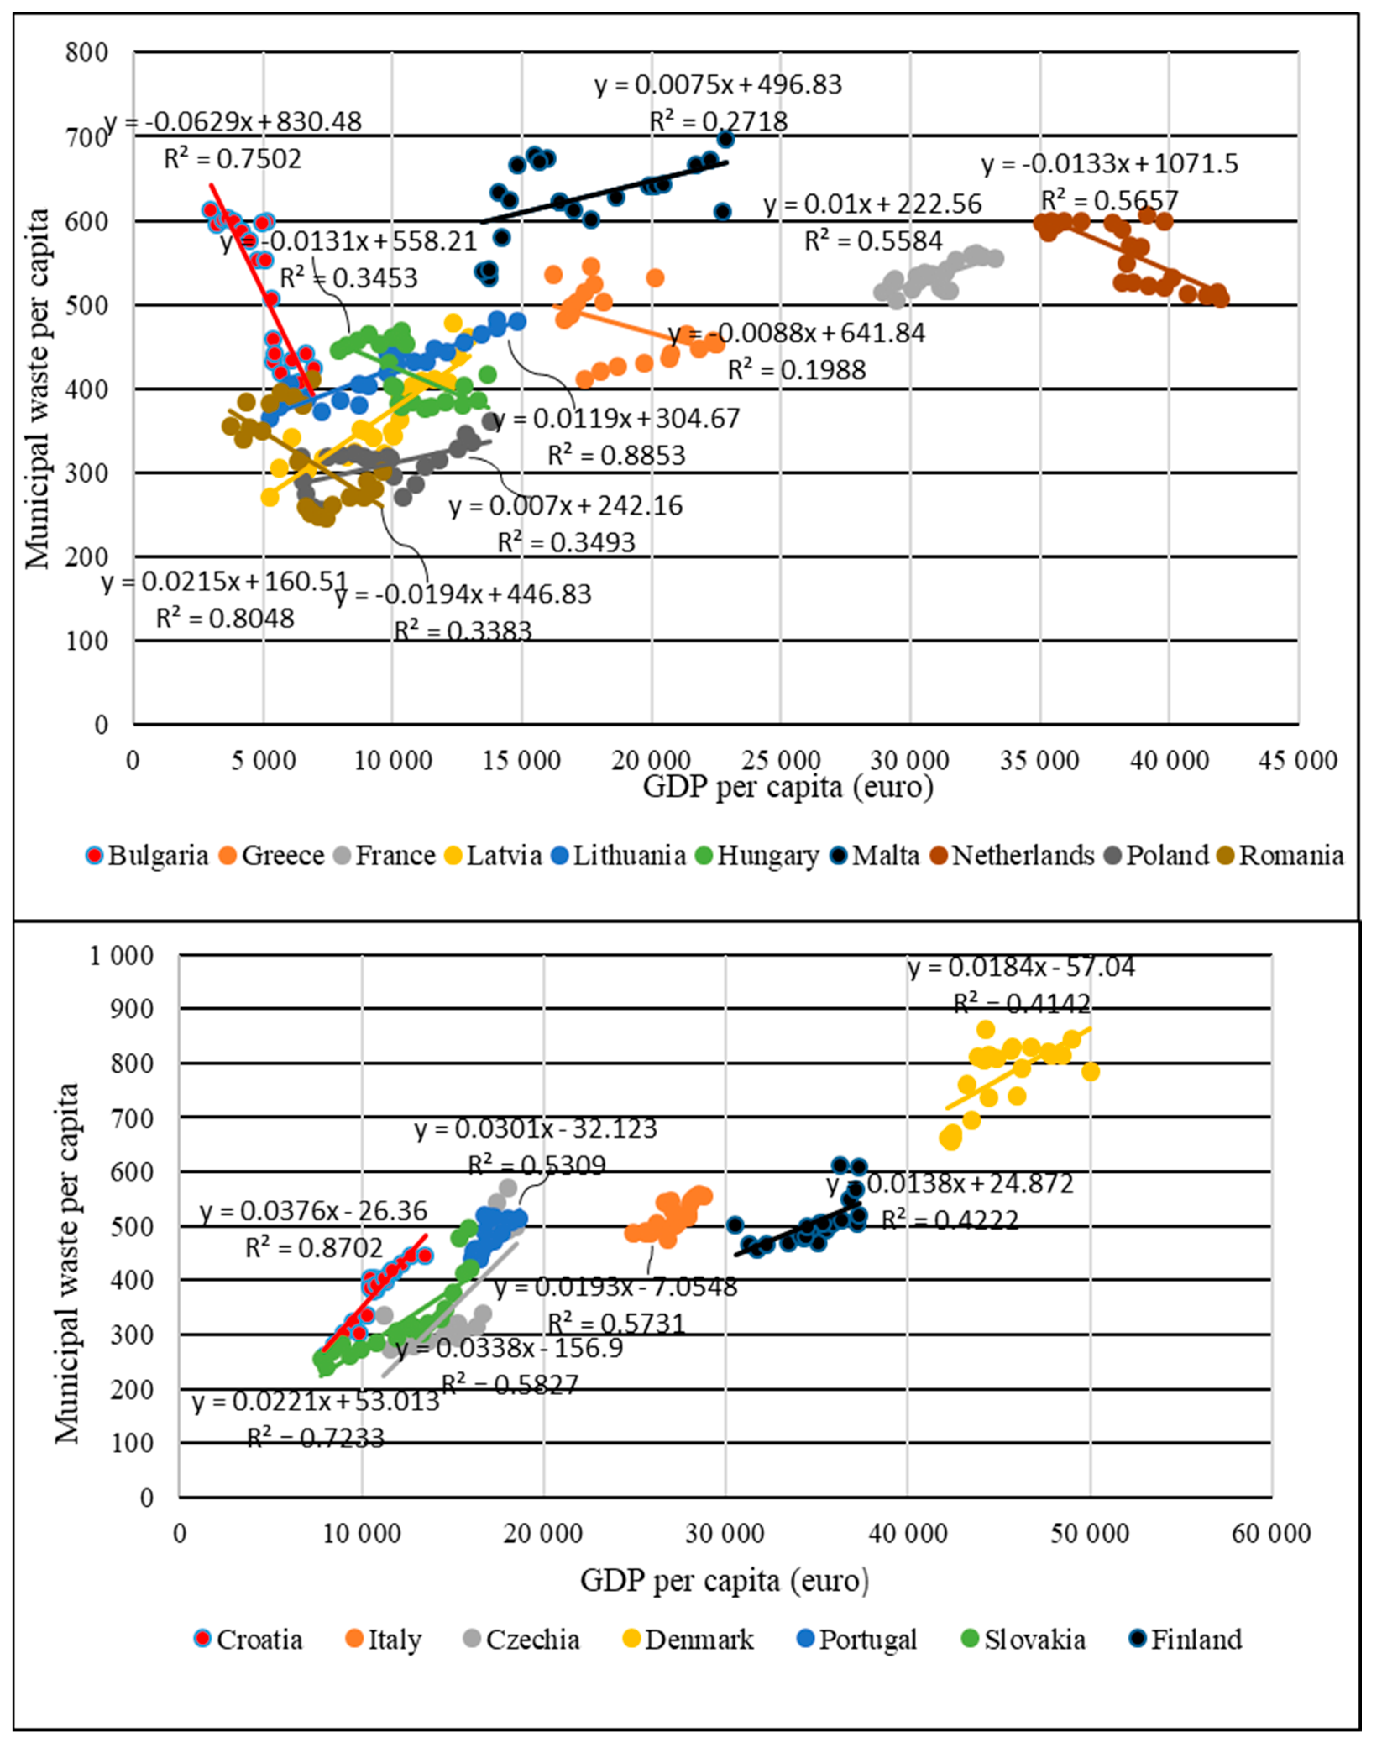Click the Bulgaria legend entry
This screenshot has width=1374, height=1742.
tap(147, 855)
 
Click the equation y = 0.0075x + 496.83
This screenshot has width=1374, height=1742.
tap(718, 84)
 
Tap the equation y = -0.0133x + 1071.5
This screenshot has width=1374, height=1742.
tap(1110, 164)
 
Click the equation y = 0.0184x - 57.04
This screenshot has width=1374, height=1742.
tap(1022, 967)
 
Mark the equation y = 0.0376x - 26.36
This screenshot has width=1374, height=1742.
tap(314, 1211)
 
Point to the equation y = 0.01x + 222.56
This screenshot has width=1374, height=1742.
tap(873, 204)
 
